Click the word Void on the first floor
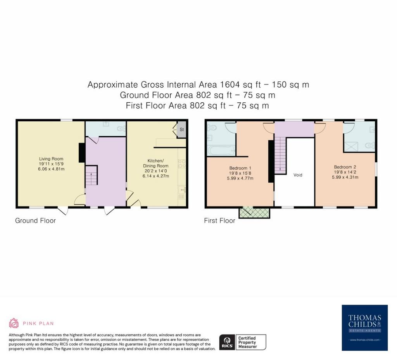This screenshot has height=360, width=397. click(298, 175)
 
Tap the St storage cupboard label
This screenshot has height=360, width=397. click(181, 129)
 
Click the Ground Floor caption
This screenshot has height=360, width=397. click(35, 220)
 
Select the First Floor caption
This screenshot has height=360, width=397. click(219, 220)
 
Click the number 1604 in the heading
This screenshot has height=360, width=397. click(230, 84)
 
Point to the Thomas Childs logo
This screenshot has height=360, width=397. click(364, 327)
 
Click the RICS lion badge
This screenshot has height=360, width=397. click(227, 342)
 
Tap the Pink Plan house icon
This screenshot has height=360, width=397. click(14, 323)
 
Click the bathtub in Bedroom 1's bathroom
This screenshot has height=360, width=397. click(221, 151)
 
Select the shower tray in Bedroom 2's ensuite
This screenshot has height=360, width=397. click(351, 147)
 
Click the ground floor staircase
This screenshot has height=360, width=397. click(91, 175)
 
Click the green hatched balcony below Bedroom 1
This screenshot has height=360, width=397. click(254, 212)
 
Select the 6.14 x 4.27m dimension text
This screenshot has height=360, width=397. click(156, 176)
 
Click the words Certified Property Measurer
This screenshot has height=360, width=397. click(247, 342)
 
